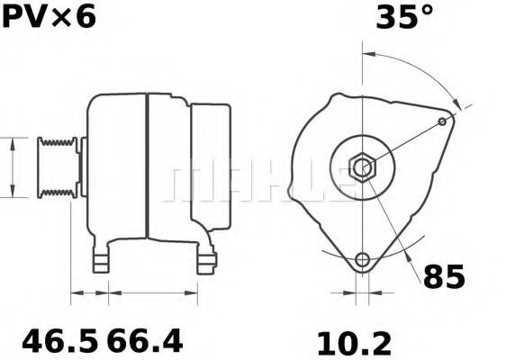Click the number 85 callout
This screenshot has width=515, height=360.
[443, 276]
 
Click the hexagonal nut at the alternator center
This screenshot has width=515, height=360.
[362, 168]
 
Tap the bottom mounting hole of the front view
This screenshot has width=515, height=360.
[362, 261]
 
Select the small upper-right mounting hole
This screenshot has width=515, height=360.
[442, 121]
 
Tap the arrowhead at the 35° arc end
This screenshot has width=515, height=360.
[463, 107]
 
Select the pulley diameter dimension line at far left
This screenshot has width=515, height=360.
[12, 167]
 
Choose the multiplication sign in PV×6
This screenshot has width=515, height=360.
[61, 18]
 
